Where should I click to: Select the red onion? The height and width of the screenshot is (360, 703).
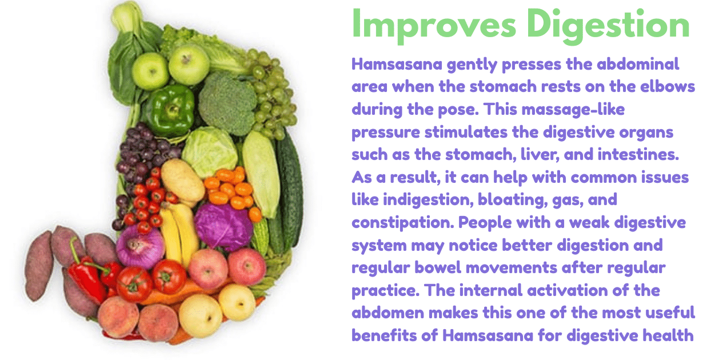139,247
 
